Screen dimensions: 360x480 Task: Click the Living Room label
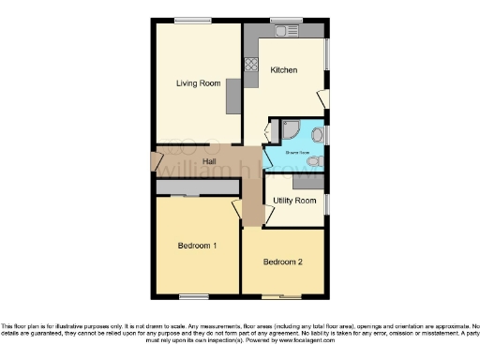(x=198, y=83)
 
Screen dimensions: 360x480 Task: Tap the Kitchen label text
(x=284, y=70)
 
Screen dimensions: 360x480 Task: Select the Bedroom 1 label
(x=198, y=246)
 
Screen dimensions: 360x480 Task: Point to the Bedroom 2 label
(x=282, y=262)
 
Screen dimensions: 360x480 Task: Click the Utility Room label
(x=293, y=201)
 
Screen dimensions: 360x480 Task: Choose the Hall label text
(x=212, y=161)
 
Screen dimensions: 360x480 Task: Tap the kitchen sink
(x=284, y=32)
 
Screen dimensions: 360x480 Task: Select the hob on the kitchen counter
(x=250, y=66)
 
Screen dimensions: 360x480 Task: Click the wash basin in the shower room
(x=317, y=136)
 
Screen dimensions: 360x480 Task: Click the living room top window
(x=191, y=21)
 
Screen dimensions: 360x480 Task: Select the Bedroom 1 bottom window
(x=193, y=296)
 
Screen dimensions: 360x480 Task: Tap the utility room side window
(x=328, y=203)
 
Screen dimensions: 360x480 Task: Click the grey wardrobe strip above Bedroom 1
(x=197, y=188)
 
